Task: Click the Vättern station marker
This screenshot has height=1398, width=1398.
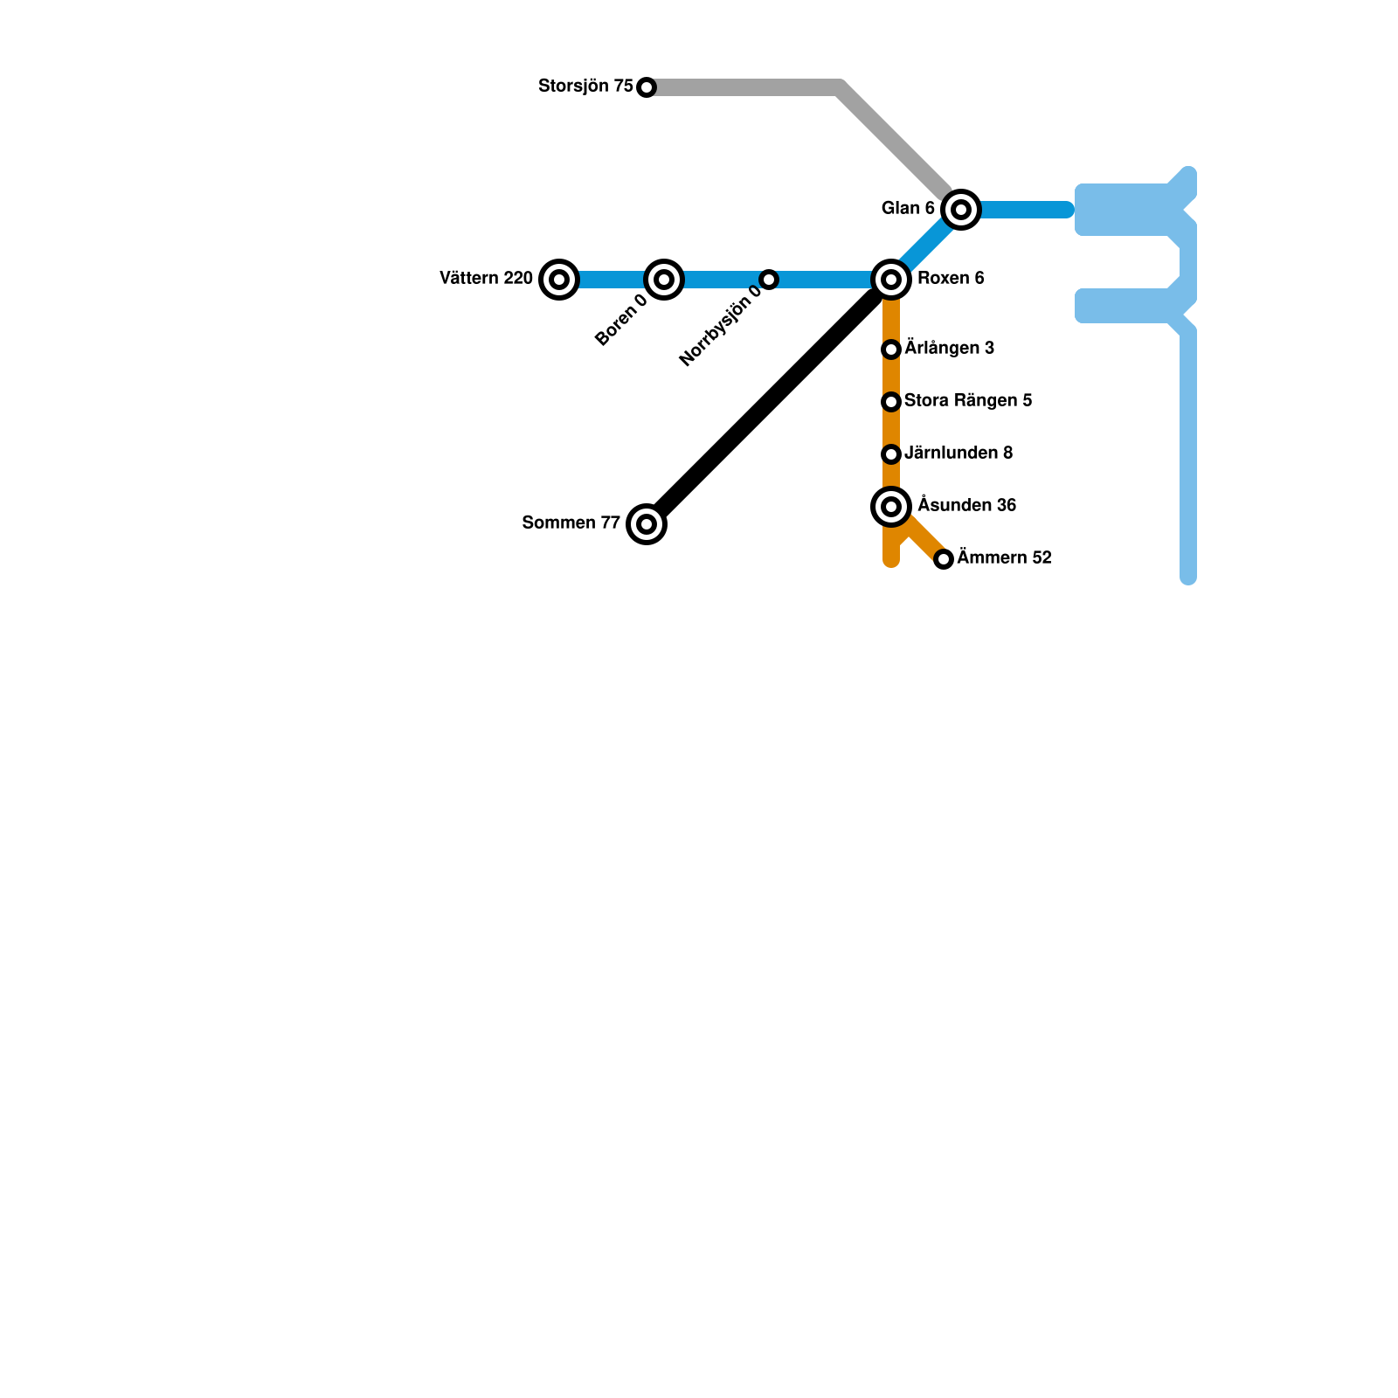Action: (559, 280)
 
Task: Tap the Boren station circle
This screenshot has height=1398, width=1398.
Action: (664, 280)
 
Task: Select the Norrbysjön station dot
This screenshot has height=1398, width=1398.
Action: (769, 280)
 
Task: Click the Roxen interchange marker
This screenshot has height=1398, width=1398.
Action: (891, 280)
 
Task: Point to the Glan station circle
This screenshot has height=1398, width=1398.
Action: (961, 210)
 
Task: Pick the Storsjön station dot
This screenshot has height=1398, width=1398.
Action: (647, 87)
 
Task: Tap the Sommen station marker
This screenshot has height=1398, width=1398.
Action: (647, 524)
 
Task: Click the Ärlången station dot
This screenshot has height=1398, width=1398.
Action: (891, 349)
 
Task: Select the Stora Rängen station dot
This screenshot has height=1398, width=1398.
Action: (891, 402)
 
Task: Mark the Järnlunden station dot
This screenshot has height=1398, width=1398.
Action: (891, 454)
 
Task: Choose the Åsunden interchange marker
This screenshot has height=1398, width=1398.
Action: (891, 507)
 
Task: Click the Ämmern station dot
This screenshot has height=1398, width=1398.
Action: (944, 559)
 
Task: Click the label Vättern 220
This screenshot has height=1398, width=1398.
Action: (486, 279)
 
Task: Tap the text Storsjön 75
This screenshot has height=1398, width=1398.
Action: (585, 87)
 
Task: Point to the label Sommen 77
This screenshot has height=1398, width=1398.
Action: (571, 523)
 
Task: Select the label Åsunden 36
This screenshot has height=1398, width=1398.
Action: (966, 506)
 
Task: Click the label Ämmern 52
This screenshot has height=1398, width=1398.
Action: (1004, 557)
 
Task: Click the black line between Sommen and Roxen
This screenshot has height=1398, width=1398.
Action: (769, 402)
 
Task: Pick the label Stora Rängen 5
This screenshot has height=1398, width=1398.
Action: (968, 401)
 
